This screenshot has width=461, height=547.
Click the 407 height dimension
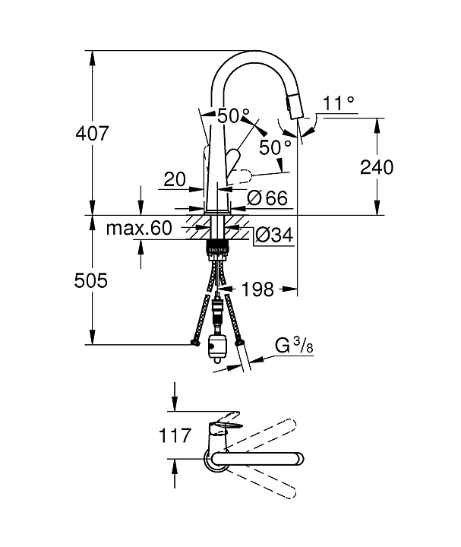tap(92, 133)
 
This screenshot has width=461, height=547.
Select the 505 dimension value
tap(90, 280)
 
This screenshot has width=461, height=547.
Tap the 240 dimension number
tap(377, 167)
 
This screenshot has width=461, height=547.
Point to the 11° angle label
tap(338, 103)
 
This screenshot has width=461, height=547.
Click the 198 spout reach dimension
tap(257, 289)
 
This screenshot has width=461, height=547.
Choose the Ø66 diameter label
tap(268, 198)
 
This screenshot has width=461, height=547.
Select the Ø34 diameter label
tap(274, 235)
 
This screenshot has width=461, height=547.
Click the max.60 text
tap(139, 228)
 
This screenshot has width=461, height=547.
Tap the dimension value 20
tap(175, 179)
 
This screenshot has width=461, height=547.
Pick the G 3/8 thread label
tap(294, 346)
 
